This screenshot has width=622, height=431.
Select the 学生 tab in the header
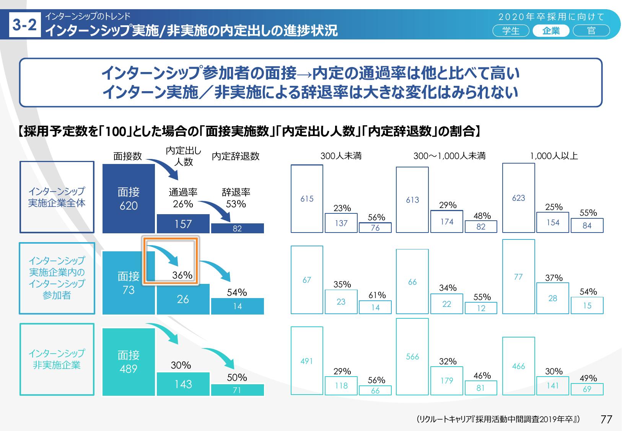pos(511,31)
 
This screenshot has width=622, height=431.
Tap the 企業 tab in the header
pos(551,31)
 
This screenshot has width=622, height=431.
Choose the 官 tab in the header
pos(591,31)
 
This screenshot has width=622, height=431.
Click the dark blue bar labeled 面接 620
pos(129,198)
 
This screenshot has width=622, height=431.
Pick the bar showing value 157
pos(183,224)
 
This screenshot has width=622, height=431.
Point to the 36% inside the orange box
pos(182,275)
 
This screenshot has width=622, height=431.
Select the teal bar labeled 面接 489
pos(129,362)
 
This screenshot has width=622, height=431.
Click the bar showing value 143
pos(183,384)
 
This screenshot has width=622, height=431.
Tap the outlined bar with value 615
pos(307,198)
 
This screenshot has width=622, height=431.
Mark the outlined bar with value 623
pos(518,198)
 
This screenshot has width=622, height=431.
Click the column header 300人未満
pos(341,156)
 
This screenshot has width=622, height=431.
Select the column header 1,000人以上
pos(554,156)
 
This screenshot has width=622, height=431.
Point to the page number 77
pos(606,419)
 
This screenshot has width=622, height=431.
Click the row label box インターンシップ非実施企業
pos(57,359)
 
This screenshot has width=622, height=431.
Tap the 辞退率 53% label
pos(236,198)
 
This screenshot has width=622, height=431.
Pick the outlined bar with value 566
pos(412,356)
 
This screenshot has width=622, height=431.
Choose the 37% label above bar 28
pos(554,278)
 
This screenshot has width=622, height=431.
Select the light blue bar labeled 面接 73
pos(129,283)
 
